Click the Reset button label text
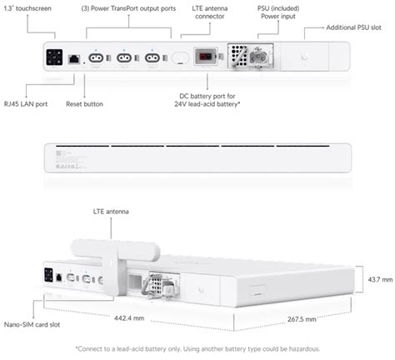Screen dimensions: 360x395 (84, 105)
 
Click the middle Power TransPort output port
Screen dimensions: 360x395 (124, 59)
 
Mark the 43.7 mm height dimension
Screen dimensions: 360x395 (374, 282)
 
